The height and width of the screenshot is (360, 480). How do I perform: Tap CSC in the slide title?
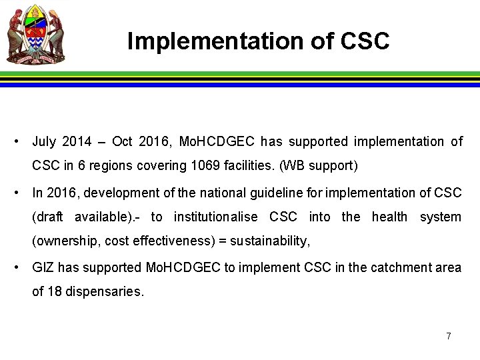365,41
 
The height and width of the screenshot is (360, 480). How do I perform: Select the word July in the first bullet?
44,141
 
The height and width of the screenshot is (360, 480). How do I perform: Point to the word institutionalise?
217,217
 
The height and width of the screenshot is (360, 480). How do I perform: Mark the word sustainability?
270,241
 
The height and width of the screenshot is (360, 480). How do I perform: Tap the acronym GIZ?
43,267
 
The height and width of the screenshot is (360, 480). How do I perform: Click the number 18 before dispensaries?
54,291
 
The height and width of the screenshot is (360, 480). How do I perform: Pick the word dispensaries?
104,291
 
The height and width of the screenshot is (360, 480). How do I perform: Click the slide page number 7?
449,336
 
